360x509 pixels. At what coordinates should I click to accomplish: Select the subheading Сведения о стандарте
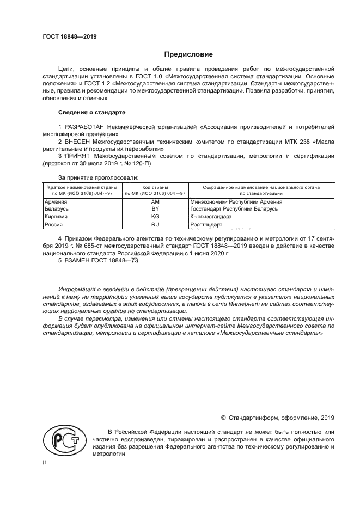click(91, 112)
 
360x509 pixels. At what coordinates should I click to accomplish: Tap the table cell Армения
click(56, 201)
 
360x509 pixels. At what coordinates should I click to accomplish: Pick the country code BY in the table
click(155, 209)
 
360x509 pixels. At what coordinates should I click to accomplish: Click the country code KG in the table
click(155, 217)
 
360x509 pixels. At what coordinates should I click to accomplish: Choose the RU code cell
click(155, 224)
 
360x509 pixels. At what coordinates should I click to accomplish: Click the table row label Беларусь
click(57, 209)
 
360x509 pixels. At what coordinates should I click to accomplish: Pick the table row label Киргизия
click(56, 217)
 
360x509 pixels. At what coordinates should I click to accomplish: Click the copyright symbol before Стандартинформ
click(223, 418)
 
